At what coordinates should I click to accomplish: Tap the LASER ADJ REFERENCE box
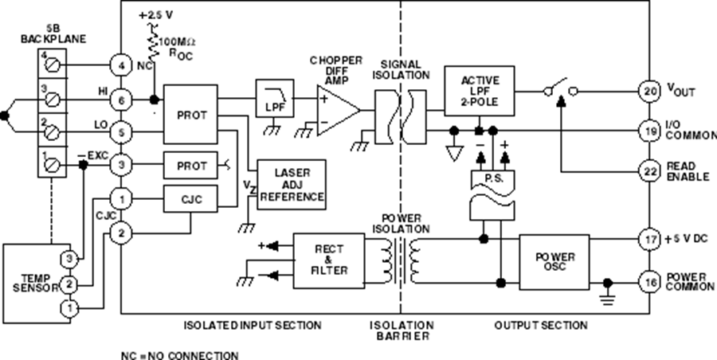291,184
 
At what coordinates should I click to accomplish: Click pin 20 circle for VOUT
650,92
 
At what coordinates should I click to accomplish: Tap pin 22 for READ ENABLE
650,170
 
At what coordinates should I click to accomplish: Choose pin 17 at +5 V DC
650,237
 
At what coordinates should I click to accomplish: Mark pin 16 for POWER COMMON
650,281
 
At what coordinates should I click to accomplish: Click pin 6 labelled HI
120,100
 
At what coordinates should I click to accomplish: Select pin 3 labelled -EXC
120,166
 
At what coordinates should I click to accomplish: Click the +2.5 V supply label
156,15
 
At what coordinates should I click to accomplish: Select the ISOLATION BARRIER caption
402,331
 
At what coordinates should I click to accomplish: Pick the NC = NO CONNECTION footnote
178,354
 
